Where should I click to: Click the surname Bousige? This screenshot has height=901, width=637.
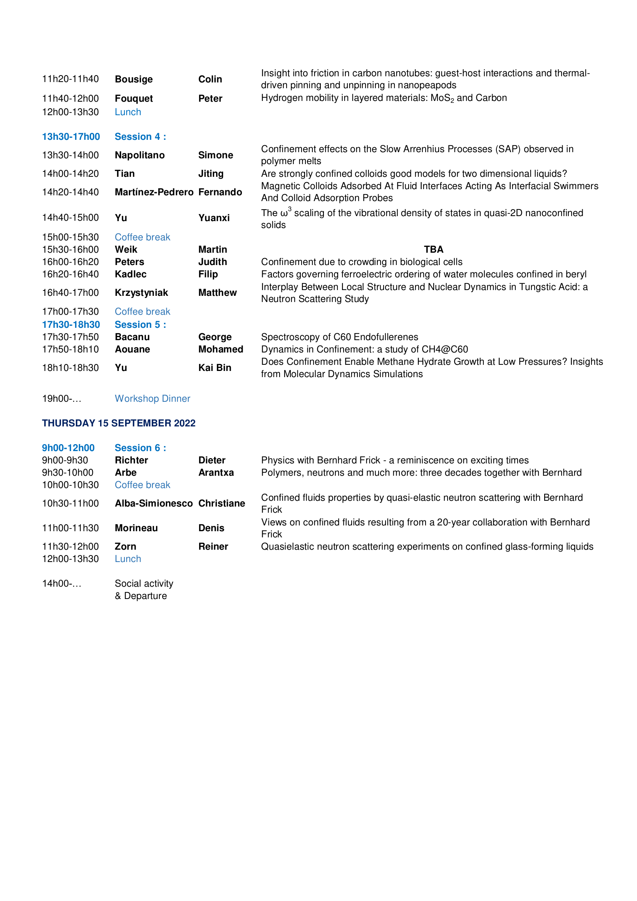pyautogui.click(x=134, y=79)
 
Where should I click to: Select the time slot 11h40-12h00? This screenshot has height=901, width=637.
pyautogui.click(x=70, y=99)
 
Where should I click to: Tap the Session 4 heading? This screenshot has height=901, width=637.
pyautogui.click(x=140, y=137)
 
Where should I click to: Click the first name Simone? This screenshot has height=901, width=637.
pyautogui.click(x=215, y=155)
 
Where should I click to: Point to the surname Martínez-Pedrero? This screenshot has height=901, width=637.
pyautogui.click(x=154, y=192)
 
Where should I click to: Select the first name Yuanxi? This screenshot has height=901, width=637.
pyautogui.click(x=214, y=218)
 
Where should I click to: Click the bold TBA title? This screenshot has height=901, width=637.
pyautogui.click(x=433, y=250)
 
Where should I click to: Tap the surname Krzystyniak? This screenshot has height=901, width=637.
pyautogui.click(x=141, y=293)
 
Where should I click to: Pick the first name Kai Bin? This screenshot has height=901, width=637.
pyautogui.click(x=215, y=368)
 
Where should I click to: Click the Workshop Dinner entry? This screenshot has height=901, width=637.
pyautogui.click(x=152, y=399)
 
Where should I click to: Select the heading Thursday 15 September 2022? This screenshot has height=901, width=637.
pyautogui.click(x=119, y=423)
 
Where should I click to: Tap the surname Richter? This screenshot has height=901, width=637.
pyautogui.click(x=131, y=460)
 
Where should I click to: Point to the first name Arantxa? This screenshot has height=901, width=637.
pyautogui.click(x=216, y=473)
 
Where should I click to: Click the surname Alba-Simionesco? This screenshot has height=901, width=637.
pyautogui.click(x=153, y=503)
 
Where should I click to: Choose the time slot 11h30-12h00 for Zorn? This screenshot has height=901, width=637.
pyautogui.click(x=70, y=547)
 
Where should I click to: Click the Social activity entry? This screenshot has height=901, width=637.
pyautogui.click(x=144, y=584)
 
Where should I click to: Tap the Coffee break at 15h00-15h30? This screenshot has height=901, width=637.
pyautogui.click(x=142, y=237)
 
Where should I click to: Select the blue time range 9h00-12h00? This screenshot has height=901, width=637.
pyautogui.click(x=68, y=448)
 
